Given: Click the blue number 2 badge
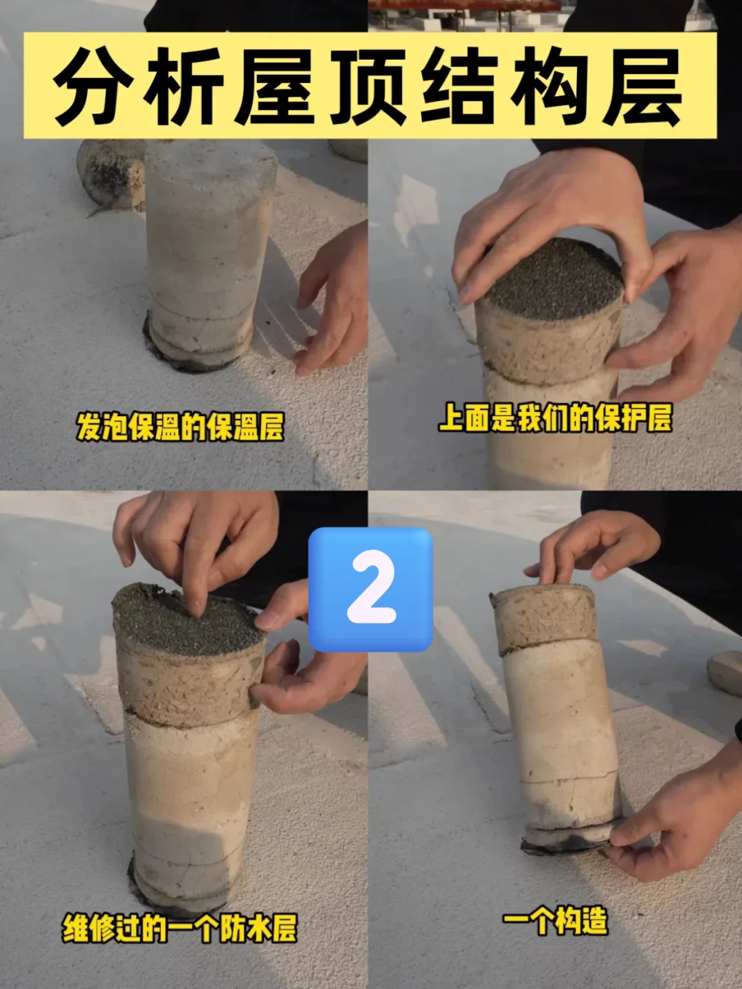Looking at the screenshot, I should coord(370,589).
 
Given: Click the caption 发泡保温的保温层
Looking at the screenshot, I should coord(180,427).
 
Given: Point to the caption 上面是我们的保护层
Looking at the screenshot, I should coord(555,418).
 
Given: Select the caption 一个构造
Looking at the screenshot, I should coord(555,920).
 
